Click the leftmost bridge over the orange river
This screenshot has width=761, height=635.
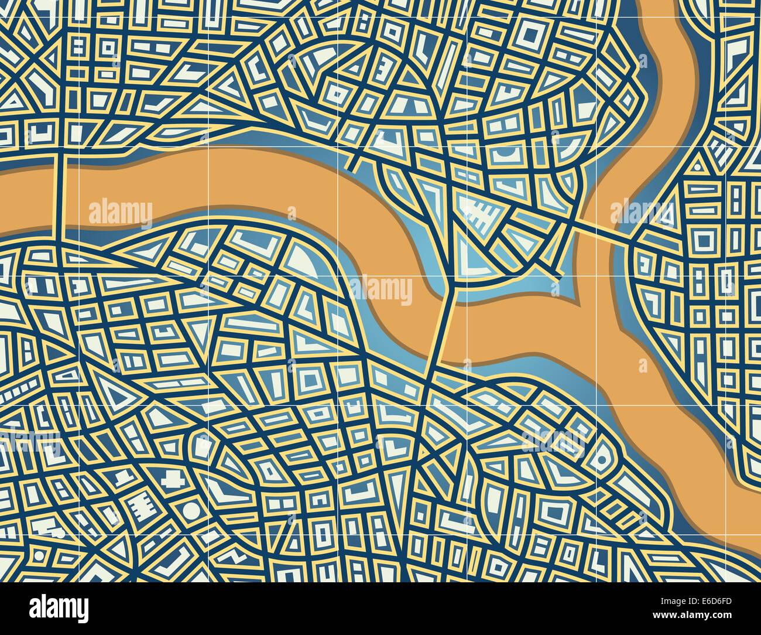pyautogui.click(x=58, y=196)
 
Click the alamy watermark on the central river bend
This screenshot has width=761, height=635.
pyautogui.click(x=381, y=289)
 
